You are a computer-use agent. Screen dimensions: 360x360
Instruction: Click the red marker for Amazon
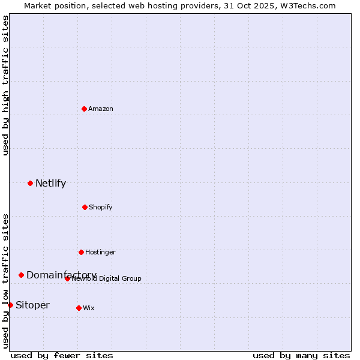(84, 109)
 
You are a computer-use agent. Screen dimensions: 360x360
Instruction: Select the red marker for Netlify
(30, 183)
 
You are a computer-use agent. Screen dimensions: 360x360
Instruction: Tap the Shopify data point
(85, 207)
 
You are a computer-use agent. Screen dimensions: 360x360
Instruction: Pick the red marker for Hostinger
(81, 252)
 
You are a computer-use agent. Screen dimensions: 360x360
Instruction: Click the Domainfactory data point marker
(21, 275)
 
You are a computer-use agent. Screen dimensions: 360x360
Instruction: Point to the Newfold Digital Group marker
(67, 278)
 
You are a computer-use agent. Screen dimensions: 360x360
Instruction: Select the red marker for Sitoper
(10, 305)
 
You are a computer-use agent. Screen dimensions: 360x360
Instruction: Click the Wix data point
(79, 308)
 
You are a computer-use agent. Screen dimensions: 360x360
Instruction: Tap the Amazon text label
(101, 109)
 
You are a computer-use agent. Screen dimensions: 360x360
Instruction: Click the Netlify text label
(50, 184)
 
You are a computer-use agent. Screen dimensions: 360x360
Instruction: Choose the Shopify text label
(101, 207)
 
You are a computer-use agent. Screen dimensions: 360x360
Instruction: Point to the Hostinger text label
(100, 252)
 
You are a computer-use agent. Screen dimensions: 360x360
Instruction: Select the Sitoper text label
(32, 305)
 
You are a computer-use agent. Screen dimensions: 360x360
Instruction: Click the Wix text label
(89, 308)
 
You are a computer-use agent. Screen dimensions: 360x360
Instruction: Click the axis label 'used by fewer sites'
(62, 355)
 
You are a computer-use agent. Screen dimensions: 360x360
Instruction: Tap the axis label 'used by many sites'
(301, 355)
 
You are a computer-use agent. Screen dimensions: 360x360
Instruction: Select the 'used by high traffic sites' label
(6, 85)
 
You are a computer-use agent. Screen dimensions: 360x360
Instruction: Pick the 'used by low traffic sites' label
(6, 280)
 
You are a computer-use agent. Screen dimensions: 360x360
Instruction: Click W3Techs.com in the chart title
(310, 5)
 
